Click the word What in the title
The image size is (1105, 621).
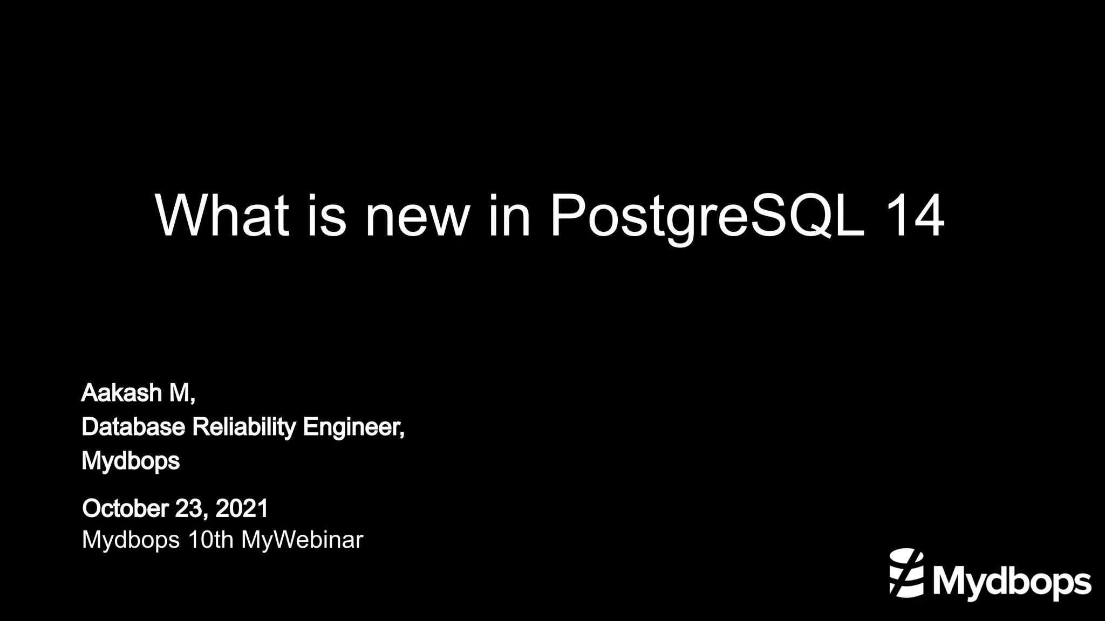[x=222, y=215]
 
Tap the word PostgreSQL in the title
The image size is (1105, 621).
[x=707, y=215]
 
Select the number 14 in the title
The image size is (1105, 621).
[x=915, y=215]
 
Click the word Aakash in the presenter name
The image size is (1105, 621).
[x=121, y=393]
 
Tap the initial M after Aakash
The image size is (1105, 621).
[x=179, y=393]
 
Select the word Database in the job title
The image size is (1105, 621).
[x=133, y=427]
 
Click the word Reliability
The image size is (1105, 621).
[x=244, y=427]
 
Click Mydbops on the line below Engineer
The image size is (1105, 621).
[x=130, y=461]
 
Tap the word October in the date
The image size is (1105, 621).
[x=125, y=508]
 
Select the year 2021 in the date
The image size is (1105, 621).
[x=242, y=508]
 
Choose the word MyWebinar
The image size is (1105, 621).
[x=302, y=540]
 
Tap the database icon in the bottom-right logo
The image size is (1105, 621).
[x=906, y=572]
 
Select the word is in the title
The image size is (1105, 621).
[x=326, y=215]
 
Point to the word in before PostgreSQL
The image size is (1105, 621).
[x=509, y=215]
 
